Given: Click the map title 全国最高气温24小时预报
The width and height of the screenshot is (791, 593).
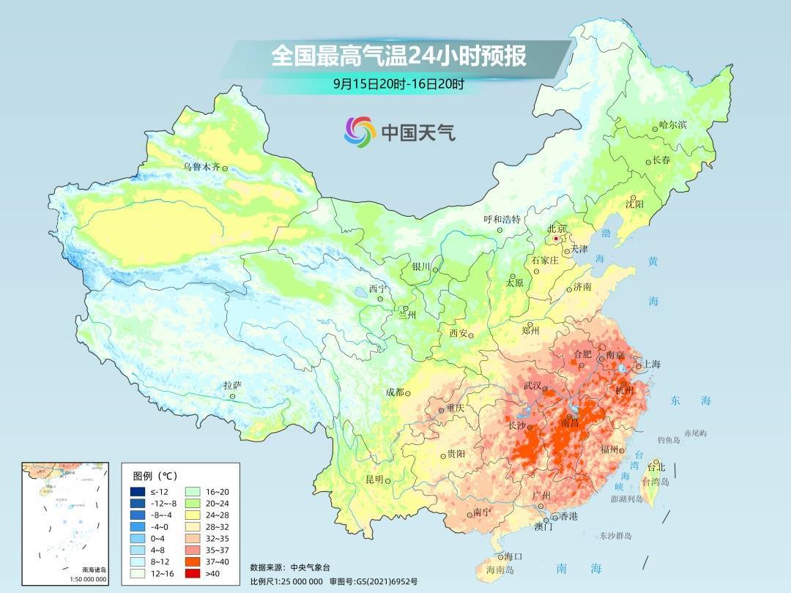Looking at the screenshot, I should point(398,56).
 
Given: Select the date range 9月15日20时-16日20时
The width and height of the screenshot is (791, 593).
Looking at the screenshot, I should point(398,84).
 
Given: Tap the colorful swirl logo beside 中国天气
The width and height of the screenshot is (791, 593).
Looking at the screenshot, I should point(360,131).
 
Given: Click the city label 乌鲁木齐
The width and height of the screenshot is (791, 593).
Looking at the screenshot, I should point(201,167).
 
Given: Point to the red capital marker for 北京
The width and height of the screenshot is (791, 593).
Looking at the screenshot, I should point(557,239).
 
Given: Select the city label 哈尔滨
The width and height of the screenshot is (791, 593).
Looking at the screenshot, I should point(672,125).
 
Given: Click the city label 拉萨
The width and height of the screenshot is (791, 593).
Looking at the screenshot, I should point(232,385).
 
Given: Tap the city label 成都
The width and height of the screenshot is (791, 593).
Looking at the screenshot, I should point(394,392).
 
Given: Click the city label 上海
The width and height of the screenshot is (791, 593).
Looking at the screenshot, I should point(651,364).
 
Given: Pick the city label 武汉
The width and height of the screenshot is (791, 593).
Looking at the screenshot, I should point(532,385).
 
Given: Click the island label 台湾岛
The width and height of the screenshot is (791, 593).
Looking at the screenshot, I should point(656,482).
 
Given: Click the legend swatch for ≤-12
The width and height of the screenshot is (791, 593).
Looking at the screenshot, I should point(137,491).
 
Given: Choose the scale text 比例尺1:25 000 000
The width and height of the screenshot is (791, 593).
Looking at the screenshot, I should point(286,581).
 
